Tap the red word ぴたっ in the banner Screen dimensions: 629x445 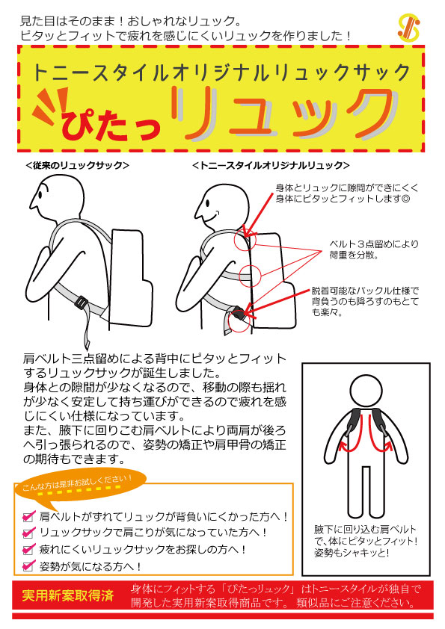pyautogui.click(x=108, y=116)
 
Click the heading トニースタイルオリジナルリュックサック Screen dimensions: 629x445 pyautogui.click(x=221, y=72)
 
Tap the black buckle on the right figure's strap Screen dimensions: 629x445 pyautogui.click(x=239, y=318)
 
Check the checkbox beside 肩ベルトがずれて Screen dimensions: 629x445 pyautogui.click(x=28, y=516)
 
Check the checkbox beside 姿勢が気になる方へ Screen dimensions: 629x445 pyautogui.click(x=28, y=566)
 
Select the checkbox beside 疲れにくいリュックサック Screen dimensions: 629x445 pyautogui.click(x=28, y=549)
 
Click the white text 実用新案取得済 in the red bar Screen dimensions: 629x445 pyautogui.click(x=68, y=595)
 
